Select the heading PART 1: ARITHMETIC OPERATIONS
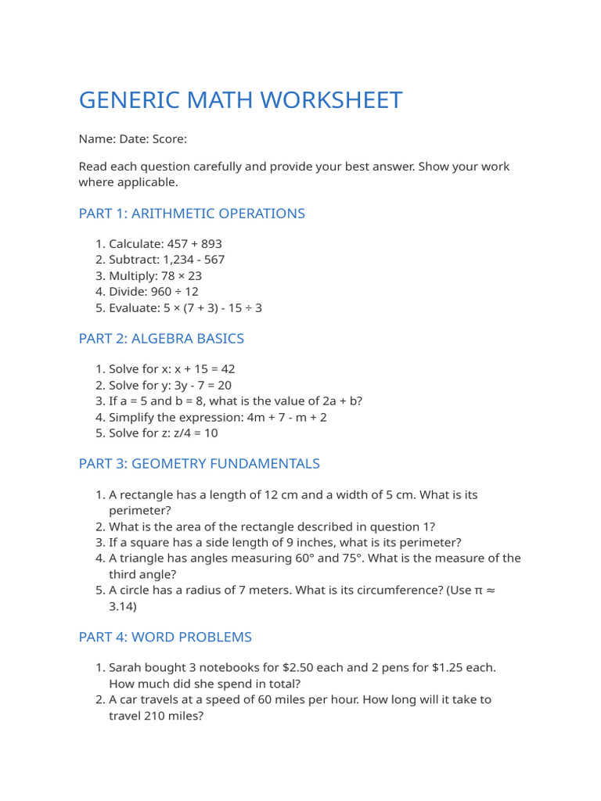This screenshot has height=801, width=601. coord(192,214)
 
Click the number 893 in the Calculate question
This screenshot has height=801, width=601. coord(211,244)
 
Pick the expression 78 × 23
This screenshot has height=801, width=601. coord(179,276)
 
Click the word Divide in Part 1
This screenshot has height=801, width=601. coord(128,292)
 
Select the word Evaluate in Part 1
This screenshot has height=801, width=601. coord(134,308)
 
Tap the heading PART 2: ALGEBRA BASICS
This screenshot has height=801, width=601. coord(161,339)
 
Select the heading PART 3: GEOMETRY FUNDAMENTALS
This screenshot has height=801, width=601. coord(199,464)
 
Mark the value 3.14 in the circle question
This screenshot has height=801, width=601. coord(123,606)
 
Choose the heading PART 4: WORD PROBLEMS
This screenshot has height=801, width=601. coord(165,638)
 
